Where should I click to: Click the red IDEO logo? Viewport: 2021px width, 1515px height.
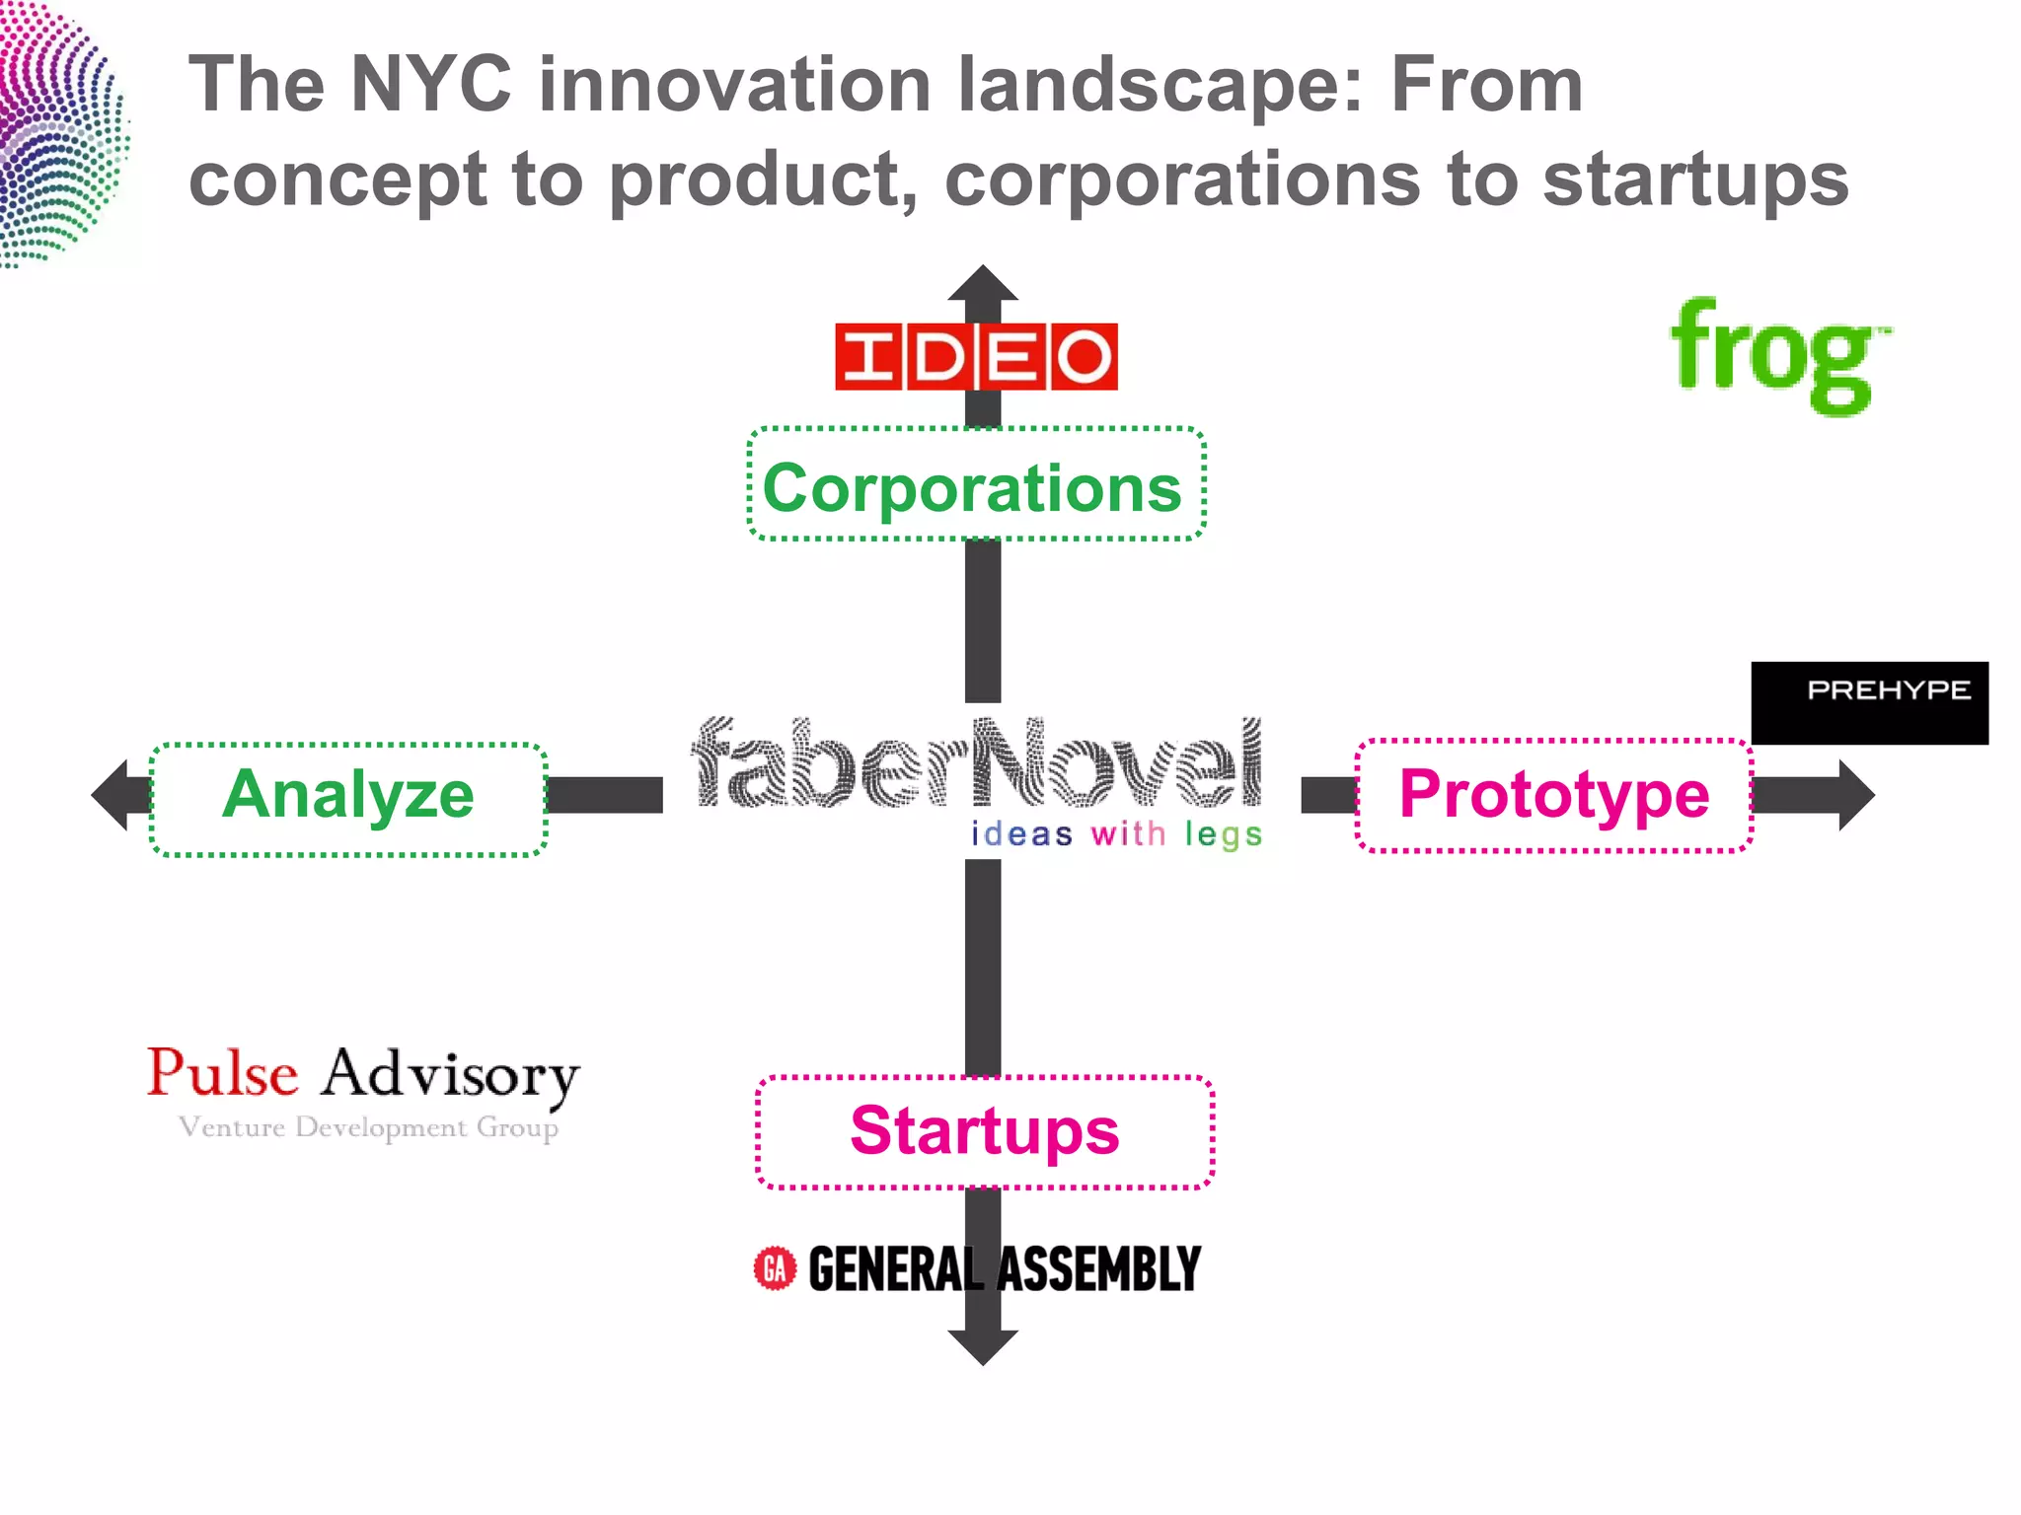tap(976, 356)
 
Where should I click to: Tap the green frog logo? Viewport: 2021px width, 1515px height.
tap(1778, 356)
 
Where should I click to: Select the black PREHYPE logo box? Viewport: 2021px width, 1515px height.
tap(1869, 702)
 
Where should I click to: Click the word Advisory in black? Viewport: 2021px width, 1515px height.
tap(450, 1075)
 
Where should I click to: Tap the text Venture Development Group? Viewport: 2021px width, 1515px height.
tap(368, 1127)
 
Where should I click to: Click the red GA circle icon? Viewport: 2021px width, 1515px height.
tap(775, 1268)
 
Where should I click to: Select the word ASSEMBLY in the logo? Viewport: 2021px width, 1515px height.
tap(1099, 1269)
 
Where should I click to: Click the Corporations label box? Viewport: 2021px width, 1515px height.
tap(976, 484)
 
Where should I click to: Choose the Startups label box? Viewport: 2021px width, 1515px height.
tap(984, 1131)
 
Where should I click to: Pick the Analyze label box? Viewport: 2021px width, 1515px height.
tap(348, 799)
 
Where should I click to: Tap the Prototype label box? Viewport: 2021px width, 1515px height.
tap(1554, 795)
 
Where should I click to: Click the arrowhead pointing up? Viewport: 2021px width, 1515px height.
tap(982, 283)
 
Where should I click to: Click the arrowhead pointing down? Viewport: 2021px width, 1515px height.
tap(982, 1345)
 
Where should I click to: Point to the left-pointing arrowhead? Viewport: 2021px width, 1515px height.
tap(111, 795)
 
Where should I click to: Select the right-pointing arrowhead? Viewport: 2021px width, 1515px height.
tap(1855, 795)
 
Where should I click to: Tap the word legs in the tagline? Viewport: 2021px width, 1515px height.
tap(1224, 834)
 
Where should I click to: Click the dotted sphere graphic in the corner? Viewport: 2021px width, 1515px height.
tap(59, 133)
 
